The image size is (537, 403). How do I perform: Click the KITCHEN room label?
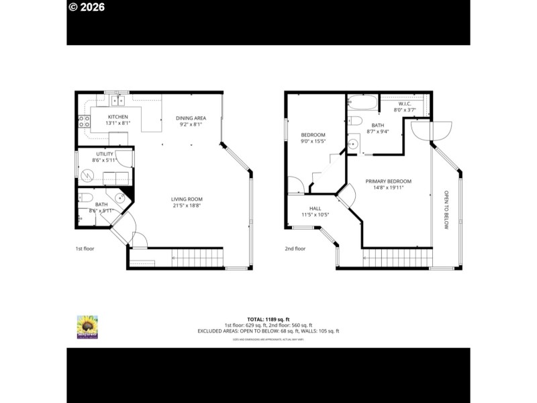[x=118, y=118]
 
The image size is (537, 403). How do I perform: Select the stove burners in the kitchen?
[x=85, y=122]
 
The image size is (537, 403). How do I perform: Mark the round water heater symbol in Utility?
[x=87, y=176]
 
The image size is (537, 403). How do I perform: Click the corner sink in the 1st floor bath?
[x=121, y=198]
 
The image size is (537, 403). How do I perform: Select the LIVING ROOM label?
[x=187, y=199]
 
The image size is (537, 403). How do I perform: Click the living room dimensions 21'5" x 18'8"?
[x=187, y=206]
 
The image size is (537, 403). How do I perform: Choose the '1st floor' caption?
[x=84, y=249]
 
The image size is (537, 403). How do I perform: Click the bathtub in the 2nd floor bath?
[x=362, y=103]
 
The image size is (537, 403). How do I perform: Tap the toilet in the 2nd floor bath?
[x=356, y=121]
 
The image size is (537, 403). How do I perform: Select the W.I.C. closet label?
[x=404, y=103]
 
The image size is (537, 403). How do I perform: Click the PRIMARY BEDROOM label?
[x=388, y=181]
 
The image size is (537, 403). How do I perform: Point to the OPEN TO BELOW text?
[x=445, y=210]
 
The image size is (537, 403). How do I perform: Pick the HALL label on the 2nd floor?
[x=315, y=209]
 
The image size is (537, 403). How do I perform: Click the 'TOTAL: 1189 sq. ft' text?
[x=268, y=319]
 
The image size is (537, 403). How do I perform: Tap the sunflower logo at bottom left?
[x=87, y=326]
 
